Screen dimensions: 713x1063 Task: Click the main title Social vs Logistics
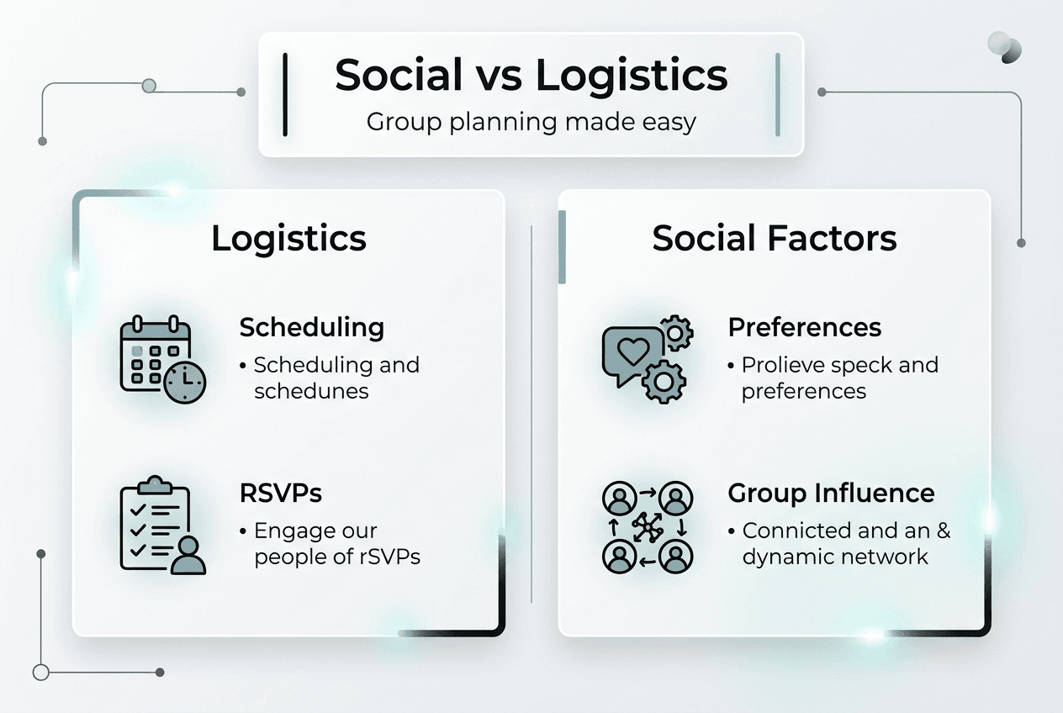[x=531, y=75]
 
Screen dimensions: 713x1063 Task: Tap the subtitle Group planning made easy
[x=531, y=122]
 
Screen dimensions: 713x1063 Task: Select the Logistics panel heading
[x=288, y=238]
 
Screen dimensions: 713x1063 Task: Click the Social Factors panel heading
[x=774, y=238]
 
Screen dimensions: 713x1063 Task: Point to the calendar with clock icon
[x=162, y=359]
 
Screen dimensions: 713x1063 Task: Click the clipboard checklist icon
[x=162, y=526]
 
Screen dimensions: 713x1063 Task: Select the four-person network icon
[x=648, y=527]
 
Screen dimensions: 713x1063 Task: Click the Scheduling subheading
[x=311, y=327]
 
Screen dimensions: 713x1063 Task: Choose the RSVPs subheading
[x=280, y=493]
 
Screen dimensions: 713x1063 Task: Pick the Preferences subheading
[x=804, y=327]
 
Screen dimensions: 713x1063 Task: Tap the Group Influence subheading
[x=831, y=493]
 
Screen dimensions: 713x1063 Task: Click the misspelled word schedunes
[x=311, y=391]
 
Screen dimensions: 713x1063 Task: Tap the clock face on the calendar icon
[x=185, y=383]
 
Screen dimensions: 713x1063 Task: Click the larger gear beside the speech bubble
[x=664, y=382]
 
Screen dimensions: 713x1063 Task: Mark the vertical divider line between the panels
[x=531, y=413]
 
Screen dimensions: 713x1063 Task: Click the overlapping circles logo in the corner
[x=1004, y=47]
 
